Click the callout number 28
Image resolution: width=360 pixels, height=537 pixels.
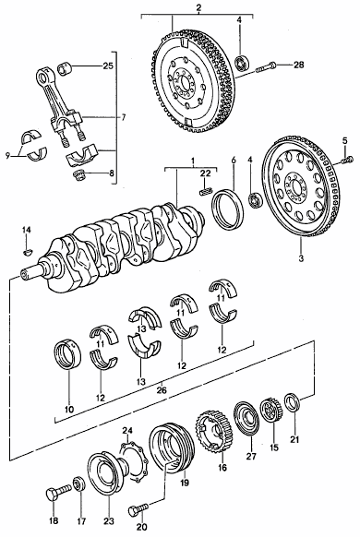click(x=298, y=65)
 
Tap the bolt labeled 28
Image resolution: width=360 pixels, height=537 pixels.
click(x=266, y=66)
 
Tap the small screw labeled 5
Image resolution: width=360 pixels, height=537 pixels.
click(x=347, y=160)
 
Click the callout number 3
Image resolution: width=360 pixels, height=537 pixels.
click(x=301, y=258)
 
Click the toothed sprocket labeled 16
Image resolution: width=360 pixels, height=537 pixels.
click(x=214, y=431)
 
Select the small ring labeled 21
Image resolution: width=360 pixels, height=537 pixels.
click(x=293, y=402)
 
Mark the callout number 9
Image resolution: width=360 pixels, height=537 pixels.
click(x=8, y=156)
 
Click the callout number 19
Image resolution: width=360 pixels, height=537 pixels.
click(x=185, y=483)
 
